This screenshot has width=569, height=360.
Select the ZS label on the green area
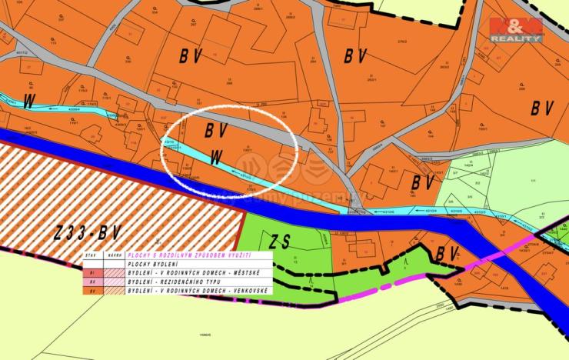point(282,242)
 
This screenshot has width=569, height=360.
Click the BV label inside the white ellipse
point(216,130)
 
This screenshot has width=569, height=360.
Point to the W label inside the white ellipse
point(218,156)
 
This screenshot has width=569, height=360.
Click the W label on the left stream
point(30,100)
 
